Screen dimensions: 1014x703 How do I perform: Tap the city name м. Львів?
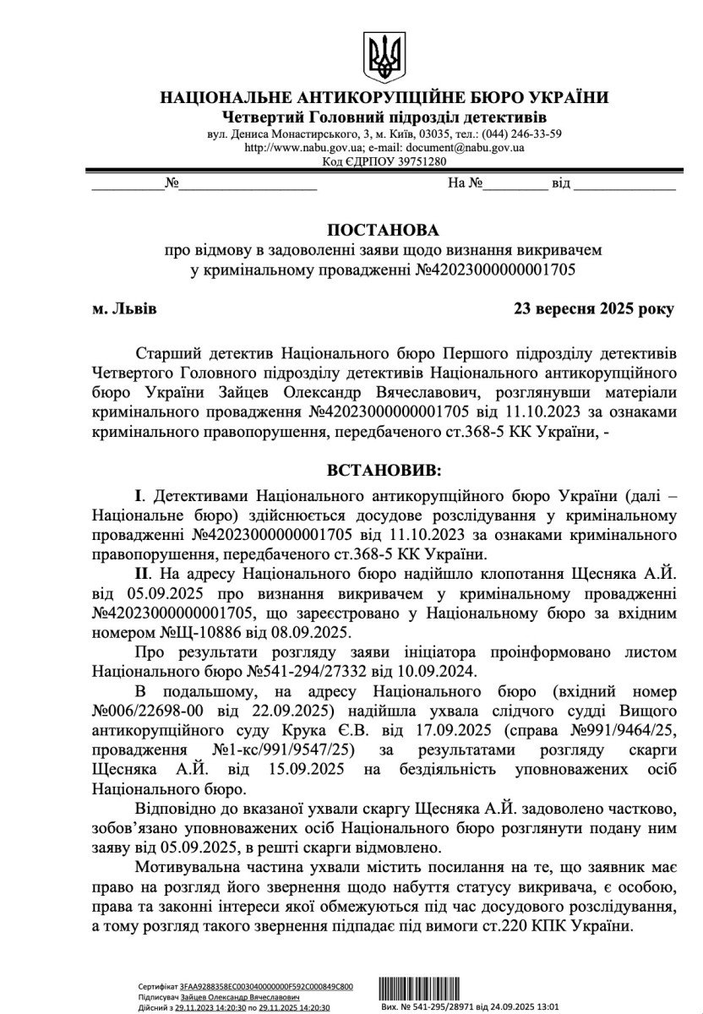pos(124,309)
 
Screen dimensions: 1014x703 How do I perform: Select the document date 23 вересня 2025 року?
pos(594,309)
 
